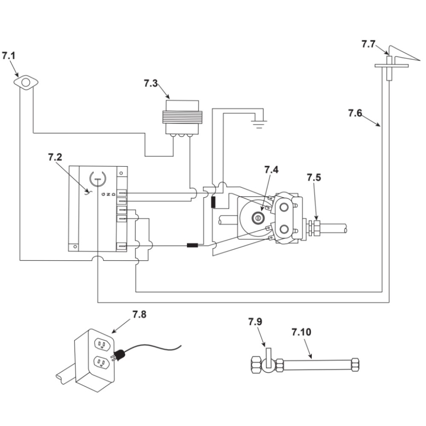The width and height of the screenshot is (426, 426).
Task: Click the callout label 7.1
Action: coord(9,56)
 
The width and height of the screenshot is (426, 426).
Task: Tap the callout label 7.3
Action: coord(151,83)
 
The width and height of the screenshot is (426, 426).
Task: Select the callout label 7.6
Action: coord(355,113)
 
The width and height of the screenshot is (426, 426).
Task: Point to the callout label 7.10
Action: coord(302,332)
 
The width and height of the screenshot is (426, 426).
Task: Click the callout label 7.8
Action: coord(139,314)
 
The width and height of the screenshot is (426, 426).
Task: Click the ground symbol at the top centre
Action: coord(259,124)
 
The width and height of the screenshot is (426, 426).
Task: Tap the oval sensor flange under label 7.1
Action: coord(26,82)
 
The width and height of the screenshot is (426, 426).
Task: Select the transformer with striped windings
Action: coord(183,118)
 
